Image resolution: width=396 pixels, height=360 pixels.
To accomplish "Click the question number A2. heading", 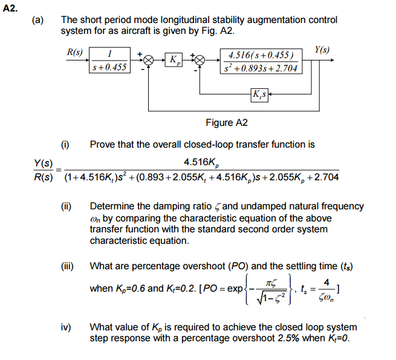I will tap(11, 8).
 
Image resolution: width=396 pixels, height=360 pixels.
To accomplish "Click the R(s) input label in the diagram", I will tap(75, 53).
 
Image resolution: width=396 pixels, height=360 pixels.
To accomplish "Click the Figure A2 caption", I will tap(226, 123).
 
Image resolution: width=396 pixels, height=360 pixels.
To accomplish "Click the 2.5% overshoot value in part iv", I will tap(278, 338).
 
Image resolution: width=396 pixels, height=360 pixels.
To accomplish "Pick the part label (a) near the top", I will tap(38, 20).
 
